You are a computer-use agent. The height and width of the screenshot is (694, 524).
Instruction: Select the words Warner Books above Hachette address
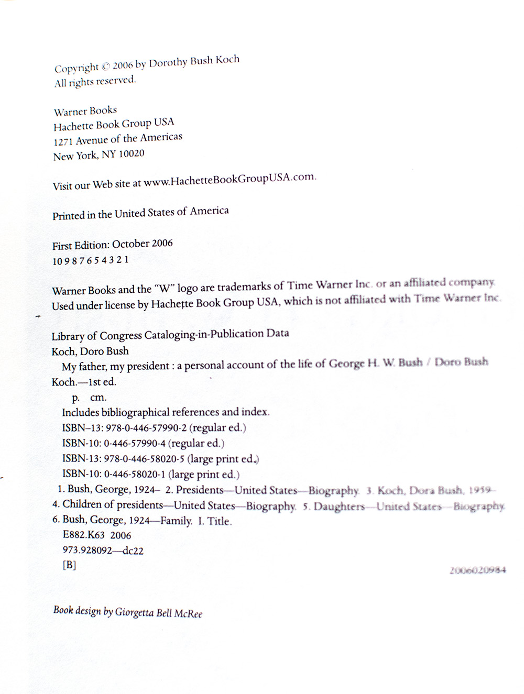[85, 111]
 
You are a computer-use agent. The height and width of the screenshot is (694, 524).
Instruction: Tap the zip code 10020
[131, 154]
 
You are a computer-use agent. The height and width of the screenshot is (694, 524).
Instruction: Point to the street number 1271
[63, 141]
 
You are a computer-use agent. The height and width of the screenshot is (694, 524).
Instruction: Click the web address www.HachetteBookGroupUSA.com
[230, 179]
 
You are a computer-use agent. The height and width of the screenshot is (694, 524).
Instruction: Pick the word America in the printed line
[209, 211]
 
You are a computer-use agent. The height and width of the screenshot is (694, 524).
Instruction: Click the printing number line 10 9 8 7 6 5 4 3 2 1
[90, 260]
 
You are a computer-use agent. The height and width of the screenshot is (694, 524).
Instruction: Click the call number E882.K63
[84, 536]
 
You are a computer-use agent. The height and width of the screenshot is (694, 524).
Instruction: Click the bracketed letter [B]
[69, 565]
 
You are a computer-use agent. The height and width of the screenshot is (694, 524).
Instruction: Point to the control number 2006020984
[477, 570]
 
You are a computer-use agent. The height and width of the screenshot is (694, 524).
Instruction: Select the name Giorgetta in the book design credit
[134, 611]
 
